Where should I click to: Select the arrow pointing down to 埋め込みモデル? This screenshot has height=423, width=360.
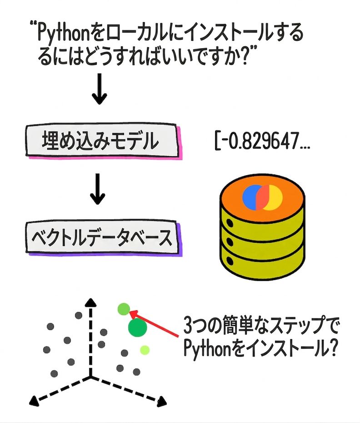click(100, 89)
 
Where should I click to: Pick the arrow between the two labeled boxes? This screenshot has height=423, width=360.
click(98, 189)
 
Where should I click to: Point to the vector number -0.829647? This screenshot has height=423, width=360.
click(262, 141)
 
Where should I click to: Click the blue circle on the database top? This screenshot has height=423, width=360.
click(251, 196)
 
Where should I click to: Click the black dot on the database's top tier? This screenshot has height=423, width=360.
click(229, 223)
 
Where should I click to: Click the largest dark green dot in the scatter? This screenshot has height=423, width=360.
click(138, 327)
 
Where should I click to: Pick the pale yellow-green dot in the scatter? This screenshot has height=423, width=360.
click(145, 350)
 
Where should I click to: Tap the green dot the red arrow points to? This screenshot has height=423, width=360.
click(124, 309)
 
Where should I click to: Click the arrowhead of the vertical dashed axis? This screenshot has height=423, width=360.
click(91, 302)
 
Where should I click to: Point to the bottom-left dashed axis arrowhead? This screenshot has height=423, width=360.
click(34, 400)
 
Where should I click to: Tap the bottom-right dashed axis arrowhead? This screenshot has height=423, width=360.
click(161, 402)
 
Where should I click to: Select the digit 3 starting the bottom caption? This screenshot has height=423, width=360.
click(189, 326)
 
